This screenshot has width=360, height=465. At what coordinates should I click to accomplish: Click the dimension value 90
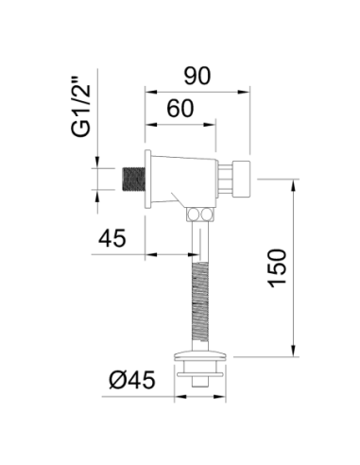[x=197, y=76]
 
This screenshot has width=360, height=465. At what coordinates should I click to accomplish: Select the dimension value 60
[x=180, y=109]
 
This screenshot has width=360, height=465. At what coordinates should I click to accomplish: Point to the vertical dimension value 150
[x=278, y=267]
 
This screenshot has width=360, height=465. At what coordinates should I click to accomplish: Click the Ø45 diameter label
[x=132, y=379]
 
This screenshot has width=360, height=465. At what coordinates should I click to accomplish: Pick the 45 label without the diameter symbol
[x=112, y=238]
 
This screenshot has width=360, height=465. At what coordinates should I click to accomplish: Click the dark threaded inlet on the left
[x=133, y=180]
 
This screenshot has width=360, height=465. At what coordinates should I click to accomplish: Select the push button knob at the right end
[x=241, y=179]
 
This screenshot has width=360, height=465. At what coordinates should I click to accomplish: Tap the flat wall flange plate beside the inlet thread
[x=147, y=179]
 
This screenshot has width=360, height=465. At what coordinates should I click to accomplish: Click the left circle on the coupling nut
[x=193, y=215]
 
